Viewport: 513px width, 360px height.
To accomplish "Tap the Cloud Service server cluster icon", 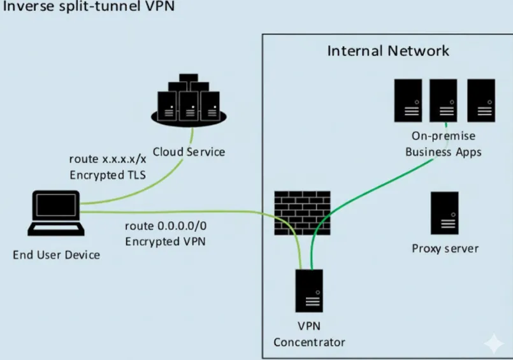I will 188,102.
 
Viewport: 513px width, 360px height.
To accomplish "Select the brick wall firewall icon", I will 302,212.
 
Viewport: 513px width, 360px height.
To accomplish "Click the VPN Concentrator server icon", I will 309,297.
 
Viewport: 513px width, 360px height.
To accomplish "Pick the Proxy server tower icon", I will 444,213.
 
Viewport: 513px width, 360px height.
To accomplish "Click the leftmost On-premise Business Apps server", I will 407,100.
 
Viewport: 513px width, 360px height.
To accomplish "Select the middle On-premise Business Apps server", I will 444,100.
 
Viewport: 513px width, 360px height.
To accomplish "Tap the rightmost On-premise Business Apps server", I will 482,100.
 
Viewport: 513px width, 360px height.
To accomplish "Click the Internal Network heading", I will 388,51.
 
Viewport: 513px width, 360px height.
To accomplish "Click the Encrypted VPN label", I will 165,241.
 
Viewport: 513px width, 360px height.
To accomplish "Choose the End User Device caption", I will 56,255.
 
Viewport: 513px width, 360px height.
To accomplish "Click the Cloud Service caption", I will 189,152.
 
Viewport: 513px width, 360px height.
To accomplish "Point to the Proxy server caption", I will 445,248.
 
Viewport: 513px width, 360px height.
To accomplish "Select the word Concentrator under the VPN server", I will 309,342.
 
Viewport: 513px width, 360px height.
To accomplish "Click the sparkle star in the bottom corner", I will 494,343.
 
